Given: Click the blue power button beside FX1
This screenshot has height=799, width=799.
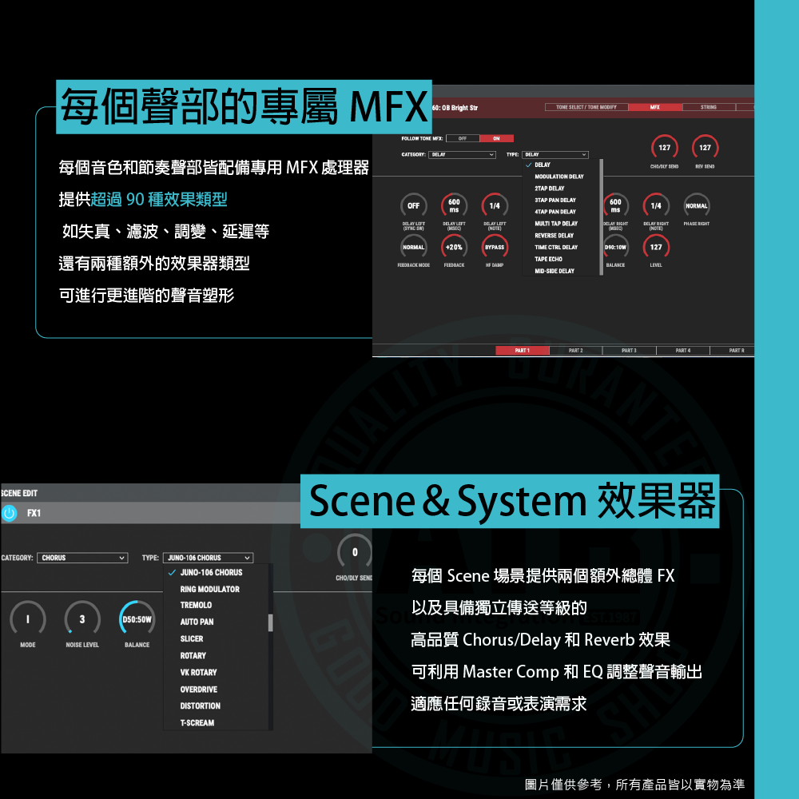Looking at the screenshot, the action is coord(10,513).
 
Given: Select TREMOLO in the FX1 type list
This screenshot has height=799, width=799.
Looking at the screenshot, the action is coord(196,606).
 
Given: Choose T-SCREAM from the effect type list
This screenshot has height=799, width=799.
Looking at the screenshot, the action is coord(197,723).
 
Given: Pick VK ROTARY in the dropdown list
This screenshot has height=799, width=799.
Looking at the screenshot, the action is coord(198,673).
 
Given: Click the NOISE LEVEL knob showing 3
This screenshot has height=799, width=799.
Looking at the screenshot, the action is coord(82,618).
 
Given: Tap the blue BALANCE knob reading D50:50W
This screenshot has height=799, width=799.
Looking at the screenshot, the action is coord(137,618).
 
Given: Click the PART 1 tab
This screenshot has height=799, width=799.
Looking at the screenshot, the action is coord(523,351).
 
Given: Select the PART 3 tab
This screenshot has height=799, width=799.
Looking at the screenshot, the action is coord(629,351).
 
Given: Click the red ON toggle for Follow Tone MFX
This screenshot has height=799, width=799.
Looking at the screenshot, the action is coord(497,138).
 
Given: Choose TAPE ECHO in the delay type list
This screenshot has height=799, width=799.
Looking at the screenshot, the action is coord(548,259).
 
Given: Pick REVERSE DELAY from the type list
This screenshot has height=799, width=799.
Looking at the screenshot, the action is coord(554,236).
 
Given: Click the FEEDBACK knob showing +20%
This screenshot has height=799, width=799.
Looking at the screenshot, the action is coord(454,248).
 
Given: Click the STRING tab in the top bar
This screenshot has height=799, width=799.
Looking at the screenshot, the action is coord(708,107).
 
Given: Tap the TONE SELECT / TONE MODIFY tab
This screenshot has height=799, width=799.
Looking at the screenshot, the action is coord(586,107).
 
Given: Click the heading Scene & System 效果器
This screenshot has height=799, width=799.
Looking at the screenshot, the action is coord(511,501).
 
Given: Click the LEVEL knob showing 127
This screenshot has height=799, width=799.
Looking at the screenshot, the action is coord(656,248).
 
